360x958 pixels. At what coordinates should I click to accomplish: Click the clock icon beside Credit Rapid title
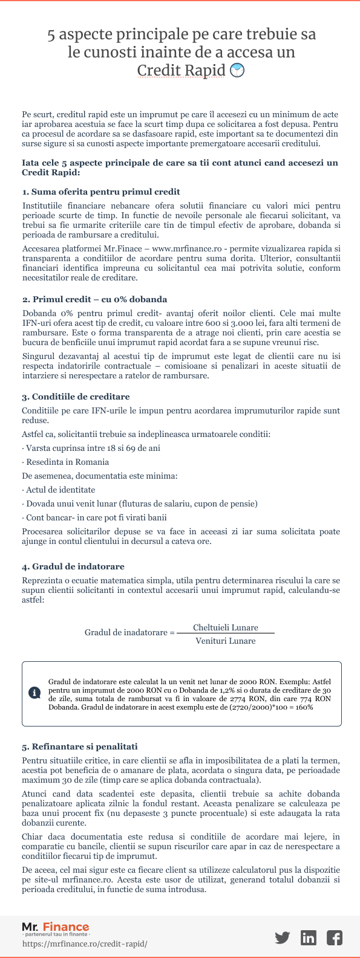click(x=238, y=70)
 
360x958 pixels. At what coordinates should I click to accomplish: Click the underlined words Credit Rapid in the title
click(x=181, y=70)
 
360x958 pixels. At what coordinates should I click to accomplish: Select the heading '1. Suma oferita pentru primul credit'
click(x=101, y=192)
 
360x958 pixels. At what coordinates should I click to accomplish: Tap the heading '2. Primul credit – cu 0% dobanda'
click(x=94, y=299)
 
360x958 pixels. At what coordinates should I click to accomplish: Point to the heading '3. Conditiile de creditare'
click(x=76, y=396)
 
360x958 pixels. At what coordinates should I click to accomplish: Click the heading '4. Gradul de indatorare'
click(x=73, y=566)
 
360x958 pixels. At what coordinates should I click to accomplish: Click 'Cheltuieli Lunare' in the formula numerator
click(x=225, y=627)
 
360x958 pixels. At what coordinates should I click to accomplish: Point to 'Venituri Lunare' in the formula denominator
click(x=225, y=641)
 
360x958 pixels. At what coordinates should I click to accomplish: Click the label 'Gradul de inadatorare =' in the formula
click(x=129, y=632)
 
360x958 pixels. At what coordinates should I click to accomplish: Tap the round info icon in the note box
click(x=34, y=693)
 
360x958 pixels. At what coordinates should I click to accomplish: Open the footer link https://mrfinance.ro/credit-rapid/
click(x=85, y=943)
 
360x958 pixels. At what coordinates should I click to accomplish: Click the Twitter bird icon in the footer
click(x=282, y=937)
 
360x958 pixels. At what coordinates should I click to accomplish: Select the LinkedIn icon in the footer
click(x=309, y=937)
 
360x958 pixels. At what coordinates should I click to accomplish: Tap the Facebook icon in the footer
click(x=334, y=937)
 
